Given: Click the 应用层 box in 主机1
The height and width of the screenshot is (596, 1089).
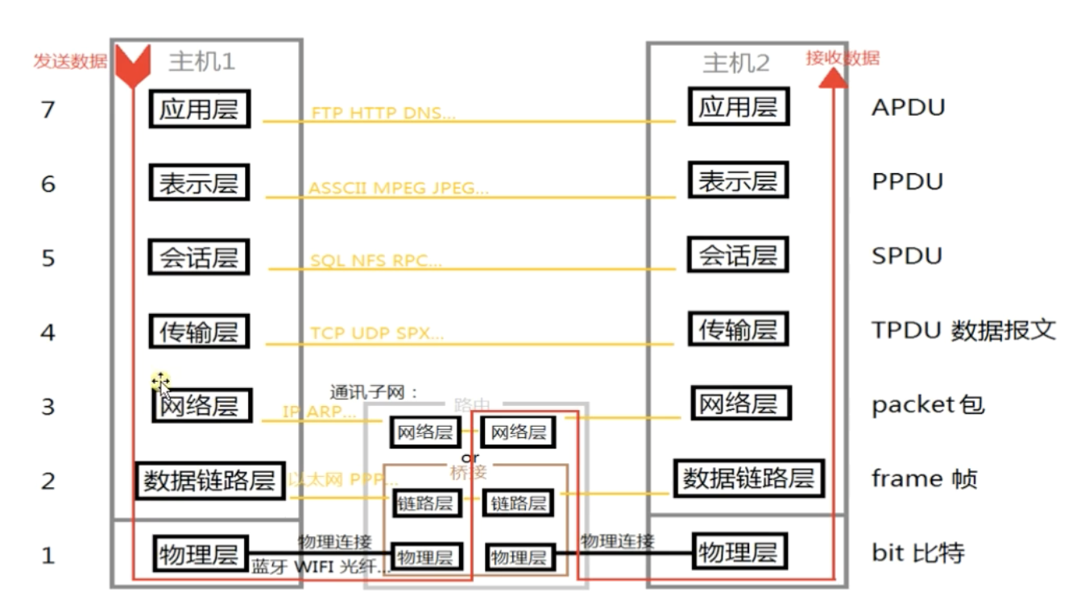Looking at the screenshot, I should (199, 109).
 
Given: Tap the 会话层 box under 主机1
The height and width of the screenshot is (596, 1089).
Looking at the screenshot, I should (199, 258).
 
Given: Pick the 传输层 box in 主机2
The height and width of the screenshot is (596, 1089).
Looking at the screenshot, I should (738, 329).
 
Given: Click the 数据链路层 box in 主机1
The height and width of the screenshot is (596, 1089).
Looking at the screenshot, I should (209, 481).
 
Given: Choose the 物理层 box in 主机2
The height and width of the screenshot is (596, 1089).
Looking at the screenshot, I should (738, 553).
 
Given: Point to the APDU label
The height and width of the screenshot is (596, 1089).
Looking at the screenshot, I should (908, 108).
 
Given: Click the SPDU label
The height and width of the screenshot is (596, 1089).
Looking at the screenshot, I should (907, 256).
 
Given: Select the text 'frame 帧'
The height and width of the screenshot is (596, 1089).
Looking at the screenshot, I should (925, 479).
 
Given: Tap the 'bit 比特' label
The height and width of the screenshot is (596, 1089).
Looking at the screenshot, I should (917, 553).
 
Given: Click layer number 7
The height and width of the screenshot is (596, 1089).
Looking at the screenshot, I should (48, 110).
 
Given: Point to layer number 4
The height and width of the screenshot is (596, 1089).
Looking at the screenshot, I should (48, 332).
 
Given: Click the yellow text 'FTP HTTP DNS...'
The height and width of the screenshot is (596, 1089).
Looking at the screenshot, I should (383, 114).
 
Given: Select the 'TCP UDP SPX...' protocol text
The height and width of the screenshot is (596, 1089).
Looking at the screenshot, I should (377, 333).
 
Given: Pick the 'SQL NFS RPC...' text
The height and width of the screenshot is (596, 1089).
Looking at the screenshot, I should (376, 261).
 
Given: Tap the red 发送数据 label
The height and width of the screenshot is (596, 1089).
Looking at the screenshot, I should (70, 62).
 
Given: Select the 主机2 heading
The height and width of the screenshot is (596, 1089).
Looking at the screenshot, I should (736, 63).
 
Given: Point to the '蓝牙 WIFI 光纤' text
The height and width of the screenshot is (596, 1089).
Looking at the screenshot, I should (321, 566).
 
